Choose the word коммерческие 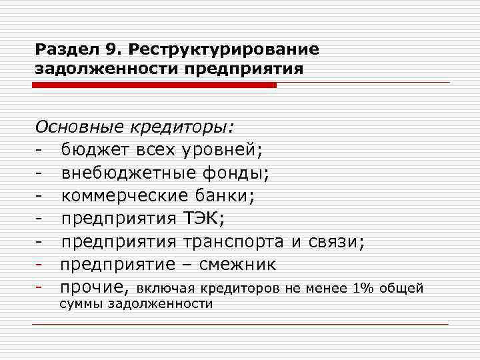coord(126,197)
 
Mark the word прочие coord(93,287)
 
